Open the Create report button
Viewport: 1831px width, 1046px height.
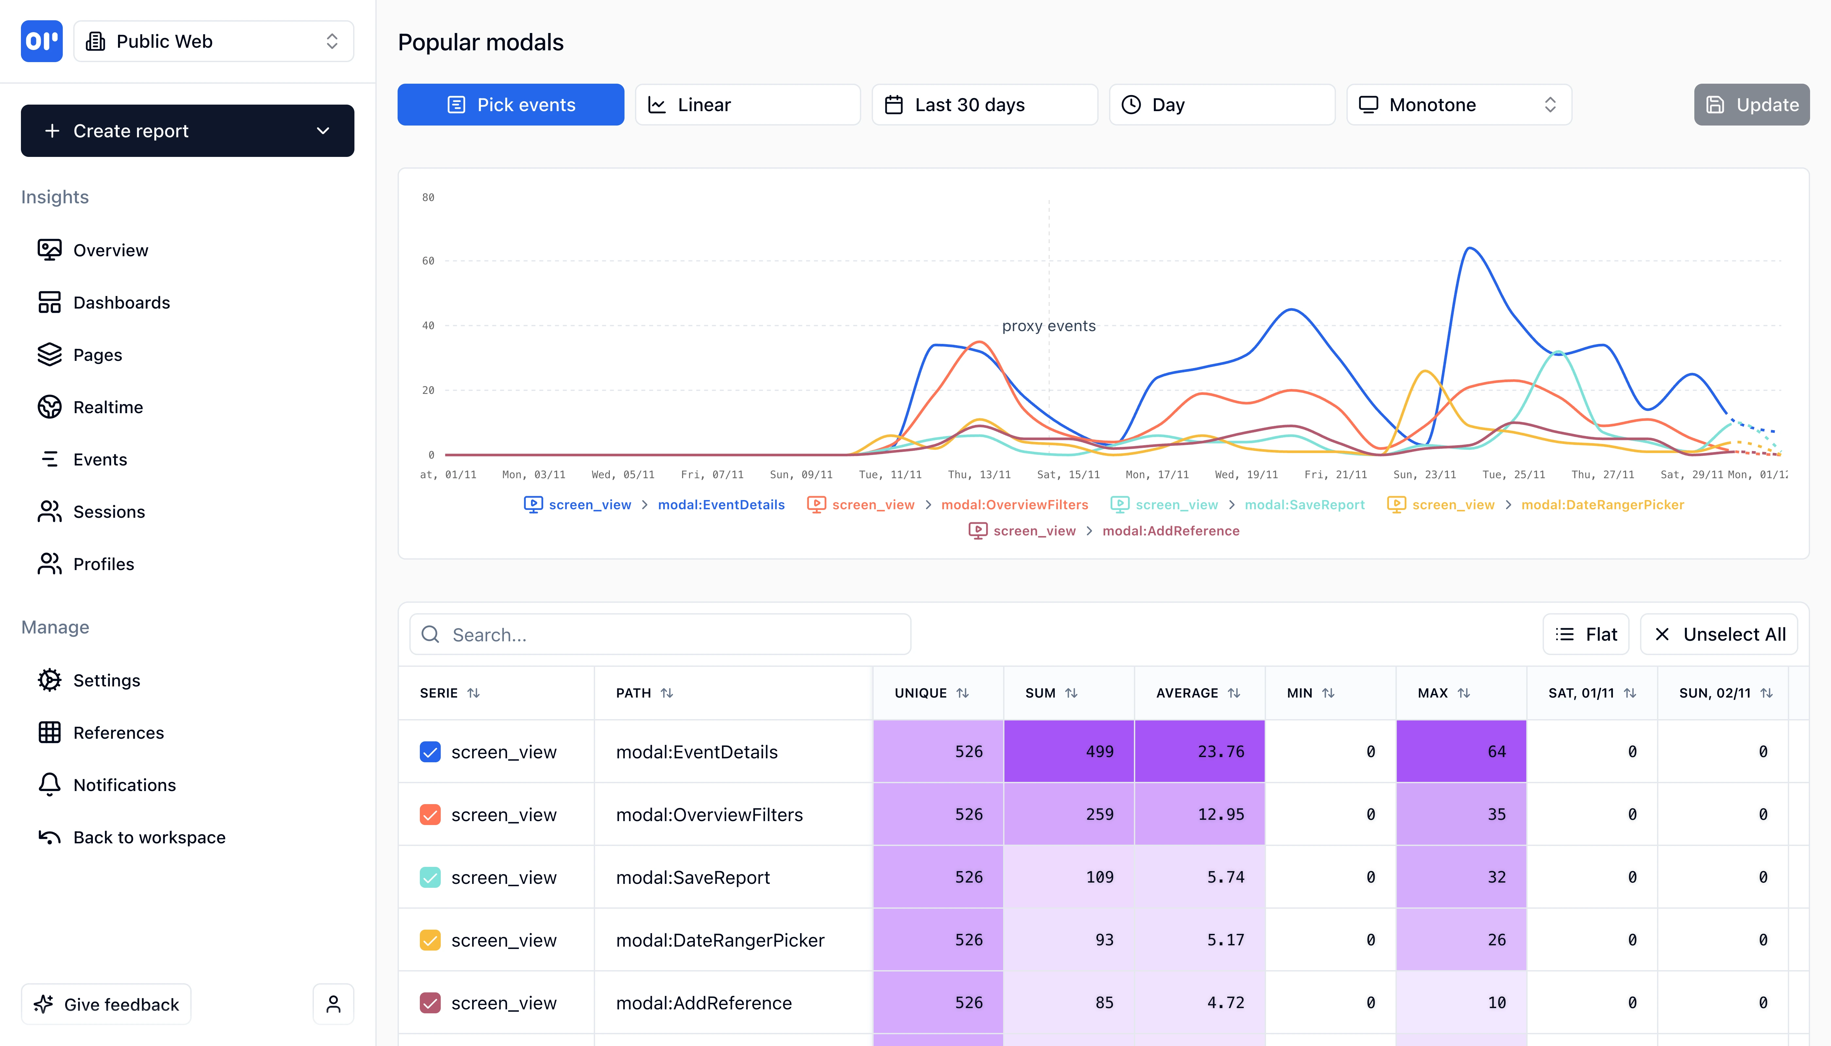187,131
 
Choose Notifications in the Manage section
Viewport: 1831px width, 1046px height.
124,785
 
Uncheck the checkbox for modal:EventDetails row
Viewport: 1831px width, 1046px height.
430,752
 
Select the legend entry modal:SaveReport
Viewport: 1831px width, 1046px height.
1304,505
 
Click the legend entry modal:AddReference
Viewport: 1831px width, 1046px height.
1171,531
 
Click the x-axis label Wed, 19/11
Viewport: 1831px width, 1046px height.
1246,475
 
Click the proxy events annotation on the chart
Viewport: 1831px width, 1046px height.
1049,326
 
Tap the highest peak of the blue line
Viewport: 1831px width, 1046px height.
1470,248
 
